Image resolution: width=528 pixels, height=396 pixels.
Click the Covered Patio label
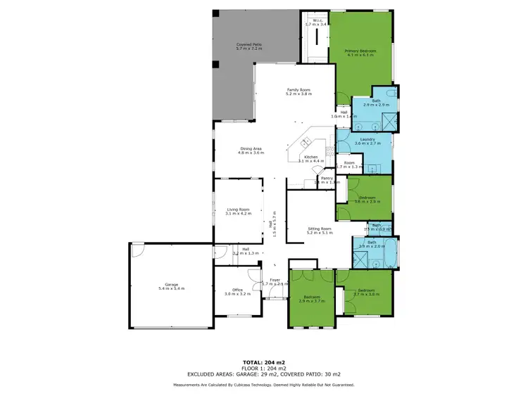(249, 44)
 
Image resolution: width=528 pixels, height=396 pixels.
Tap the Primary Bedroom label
(360, 51)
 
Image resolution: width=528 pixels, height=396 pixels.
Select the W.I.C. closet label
(318, 20)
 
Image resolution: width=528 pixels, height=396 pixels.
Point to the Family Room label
(298, 89)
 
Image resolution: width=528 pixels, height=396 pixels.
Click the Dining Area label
(251, 148)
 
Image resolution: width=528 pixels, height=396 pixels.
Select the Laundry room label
(367, 139)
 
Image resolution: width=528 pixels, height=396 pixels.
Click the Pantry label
(326, 178)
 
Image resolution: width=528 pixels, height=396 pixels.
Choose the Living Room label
(238, 209)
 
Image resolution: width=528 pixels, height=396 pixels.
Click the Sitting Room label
(319, 229)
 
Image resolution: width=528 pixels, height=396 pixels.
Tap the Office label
(232, 290)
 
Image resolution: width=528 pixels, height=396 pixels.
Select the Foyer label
(275, 279)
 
